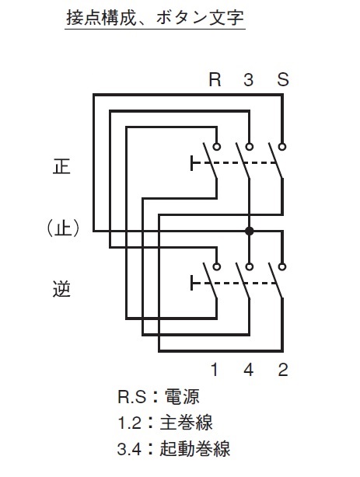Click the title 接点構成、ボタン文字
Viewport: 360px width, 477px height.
pos(155,18)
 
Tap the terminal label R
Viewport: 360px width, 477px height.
pos(215,79)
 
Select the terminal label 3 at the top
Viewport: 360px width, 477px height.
pos(249,79)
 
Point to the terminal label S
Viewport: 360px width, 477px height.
pos(283,79)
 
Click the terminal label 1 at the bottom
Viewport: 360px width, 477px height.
pos(215,370)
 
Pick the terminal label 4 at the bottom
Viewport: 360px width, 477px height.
pos(249,370)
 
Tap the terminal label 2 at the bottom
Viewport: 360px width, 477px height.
pos(283,370)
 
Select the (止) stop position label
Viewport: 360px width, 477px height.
pos(63,228)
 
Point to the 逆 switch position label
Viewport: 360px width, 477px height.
pos(62,289)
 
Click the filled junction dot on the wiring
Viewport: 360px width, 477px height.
pos(250,231)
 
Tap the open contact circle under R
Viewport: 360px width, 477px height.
pos(217,147)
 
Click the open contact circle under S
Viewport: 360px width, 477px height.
pos(282,147)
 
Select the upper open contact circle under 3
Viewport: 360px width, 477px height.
pos(250,147)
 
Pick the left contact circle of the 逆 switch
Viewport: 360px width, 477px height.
pos(217,266)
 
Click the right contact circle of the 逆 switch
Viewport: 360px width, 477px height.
pos(282,266)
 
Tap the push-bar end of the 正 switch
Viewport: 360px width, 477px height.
pos(192,162)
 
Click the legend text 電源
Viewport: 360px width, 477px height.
pos(182,397)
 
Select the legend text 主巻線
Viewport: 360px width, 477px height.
pos(187,423)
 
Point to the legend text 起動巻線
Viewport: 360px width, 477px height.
pos(195,449)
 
